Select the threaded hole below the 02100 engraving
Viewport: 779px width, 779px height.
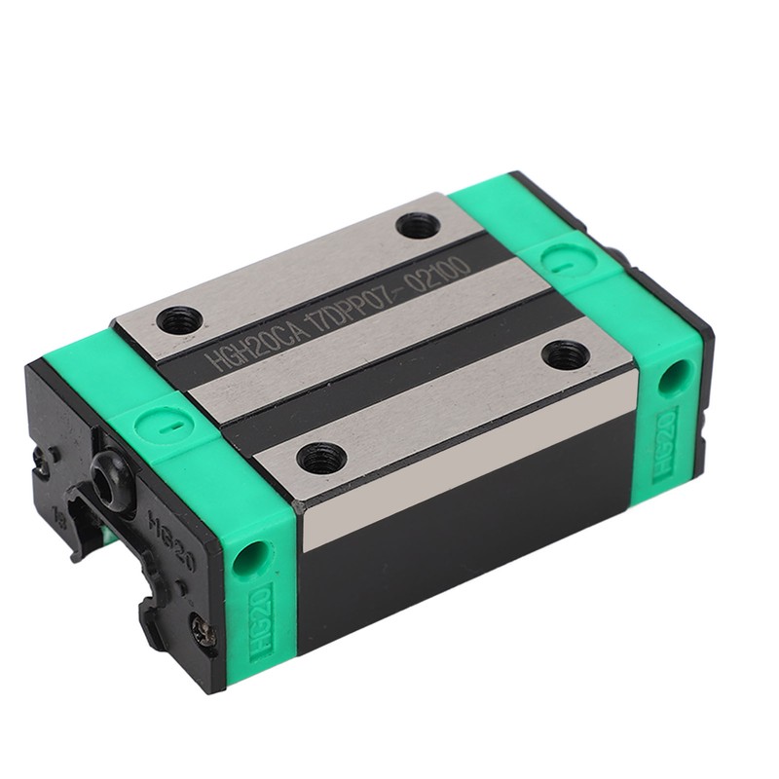coord(565,354)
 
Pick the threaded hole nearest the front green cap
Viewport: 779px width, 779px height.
coord(320,455)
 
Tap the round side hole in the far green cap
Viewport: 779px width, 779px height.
coord(669,378)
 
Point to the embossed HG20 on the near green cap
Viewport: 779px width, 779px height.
coord(263,622)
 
